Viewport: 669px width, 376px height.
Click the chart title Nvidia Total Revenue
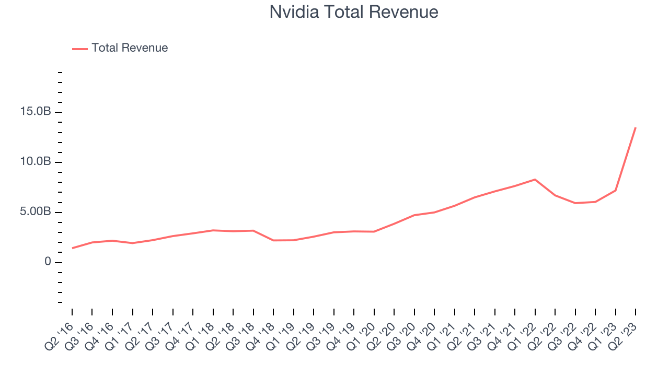pyautogui.click(x=354, y=11)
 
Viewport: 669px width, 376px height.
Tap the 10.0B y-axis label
pyautogui.click(x=36, y=162)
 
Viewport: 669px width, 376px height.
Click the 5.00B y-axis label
pyautogui.click(x=36, y=212)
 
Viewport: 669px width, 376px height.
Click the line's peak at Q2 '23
pyautogui.click(x=636, y=127)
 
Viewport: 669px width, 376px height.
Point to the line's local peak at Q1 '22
pyautogui.click(x=535, y=179)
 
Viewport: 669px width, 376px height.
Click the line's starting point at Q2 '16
pyautogui.click(x=72, y=248)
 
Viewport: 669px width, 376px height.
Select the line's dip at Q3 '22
pyautogui.click(x=575, y=203)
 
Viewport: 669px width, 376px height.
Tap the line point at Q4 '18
pyautogui.click(x=273, y=240)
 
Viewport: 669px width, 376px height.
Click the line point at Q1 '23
pyautogui.click(x=615, y=190)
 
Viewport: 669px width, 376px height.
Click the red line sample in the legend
pyautogui.click(x=79, y=49)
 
